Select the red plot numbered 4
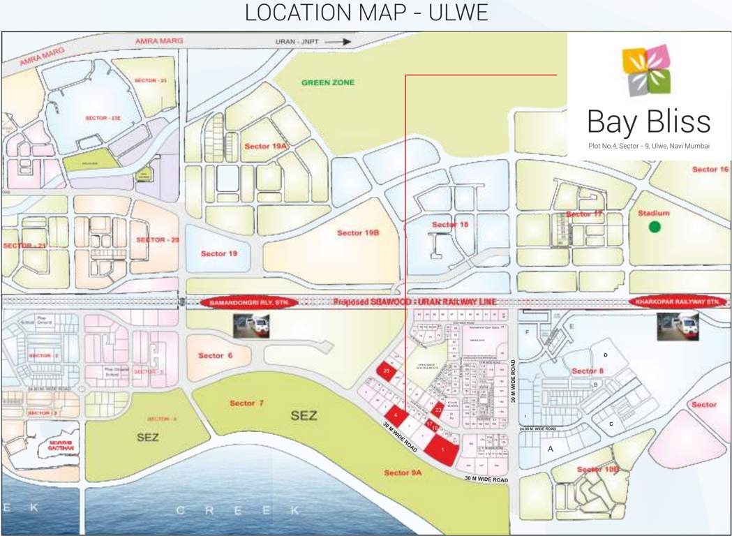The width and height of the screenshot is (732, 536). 396,414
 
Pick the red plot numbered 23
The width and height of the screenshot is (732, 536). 438,410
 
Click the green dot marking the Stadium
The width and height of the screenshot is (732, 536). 654,226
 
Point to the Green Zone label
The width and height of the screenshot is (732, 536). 328,82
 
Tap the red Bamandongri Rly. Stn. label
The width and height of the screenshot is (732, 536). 249,302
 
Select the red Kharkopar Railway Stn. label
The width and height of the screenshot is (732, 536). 678,301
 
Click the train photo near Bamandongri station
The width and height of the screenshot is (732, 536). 251,325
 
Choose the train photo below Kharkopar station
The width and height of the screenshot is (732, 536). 678,326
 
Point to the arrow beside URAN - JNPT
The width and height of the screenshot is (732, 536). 338,42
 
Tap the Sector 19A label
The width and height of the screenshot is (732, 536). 266,147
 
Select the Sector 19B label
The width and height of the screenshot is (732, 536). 357,232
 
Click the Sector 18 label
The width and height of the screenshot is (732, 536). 450,224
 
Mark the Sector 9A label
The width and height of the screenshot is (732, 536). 403,473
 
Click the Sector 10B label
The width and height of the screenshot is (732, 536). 598,470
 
